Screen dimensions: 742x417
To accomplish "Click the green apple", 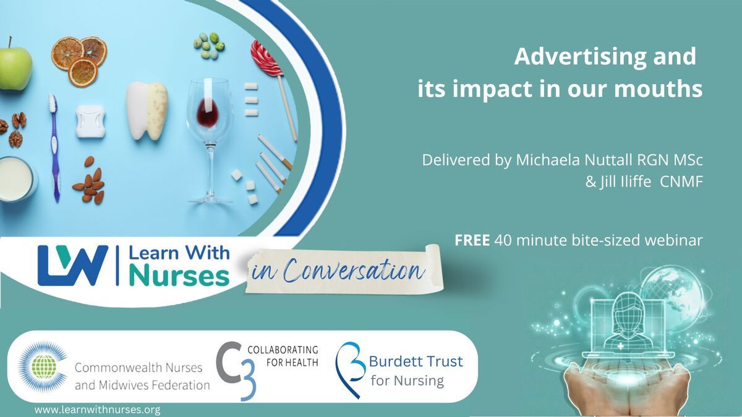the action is coord(15,66).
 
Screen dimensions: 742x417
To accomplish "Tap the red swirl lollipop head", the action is coord(266,58).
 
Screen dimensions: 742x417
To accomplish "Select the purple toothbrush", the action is coord(55,148).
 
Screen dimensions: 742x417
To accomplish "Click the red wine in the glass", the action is coord(208,113).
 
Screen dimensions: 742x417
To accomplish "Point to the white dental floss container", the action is coord(90,121).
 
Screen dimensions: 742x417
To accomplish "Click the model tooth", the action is coord(147,111).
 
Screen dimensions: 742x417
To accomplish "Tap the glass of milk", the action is coord(17,179).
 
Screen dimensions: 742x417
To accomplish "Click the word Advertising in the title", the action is coord(580,57).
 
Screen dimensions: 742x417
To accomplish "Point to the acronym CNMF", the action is coord(681,182).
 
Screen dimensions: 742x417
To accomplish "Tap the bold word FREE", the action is coord(472,240).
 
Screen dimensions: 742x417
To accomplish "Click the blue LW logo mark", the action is coord(73,265).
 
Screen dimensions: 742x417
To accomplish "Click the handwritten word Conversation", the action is coord(354,271).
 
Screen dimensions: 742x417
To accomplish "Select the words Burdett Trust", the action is coord(416,361).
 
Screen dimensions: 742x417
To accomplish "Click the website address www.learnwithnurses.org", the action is coord(98,410).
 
